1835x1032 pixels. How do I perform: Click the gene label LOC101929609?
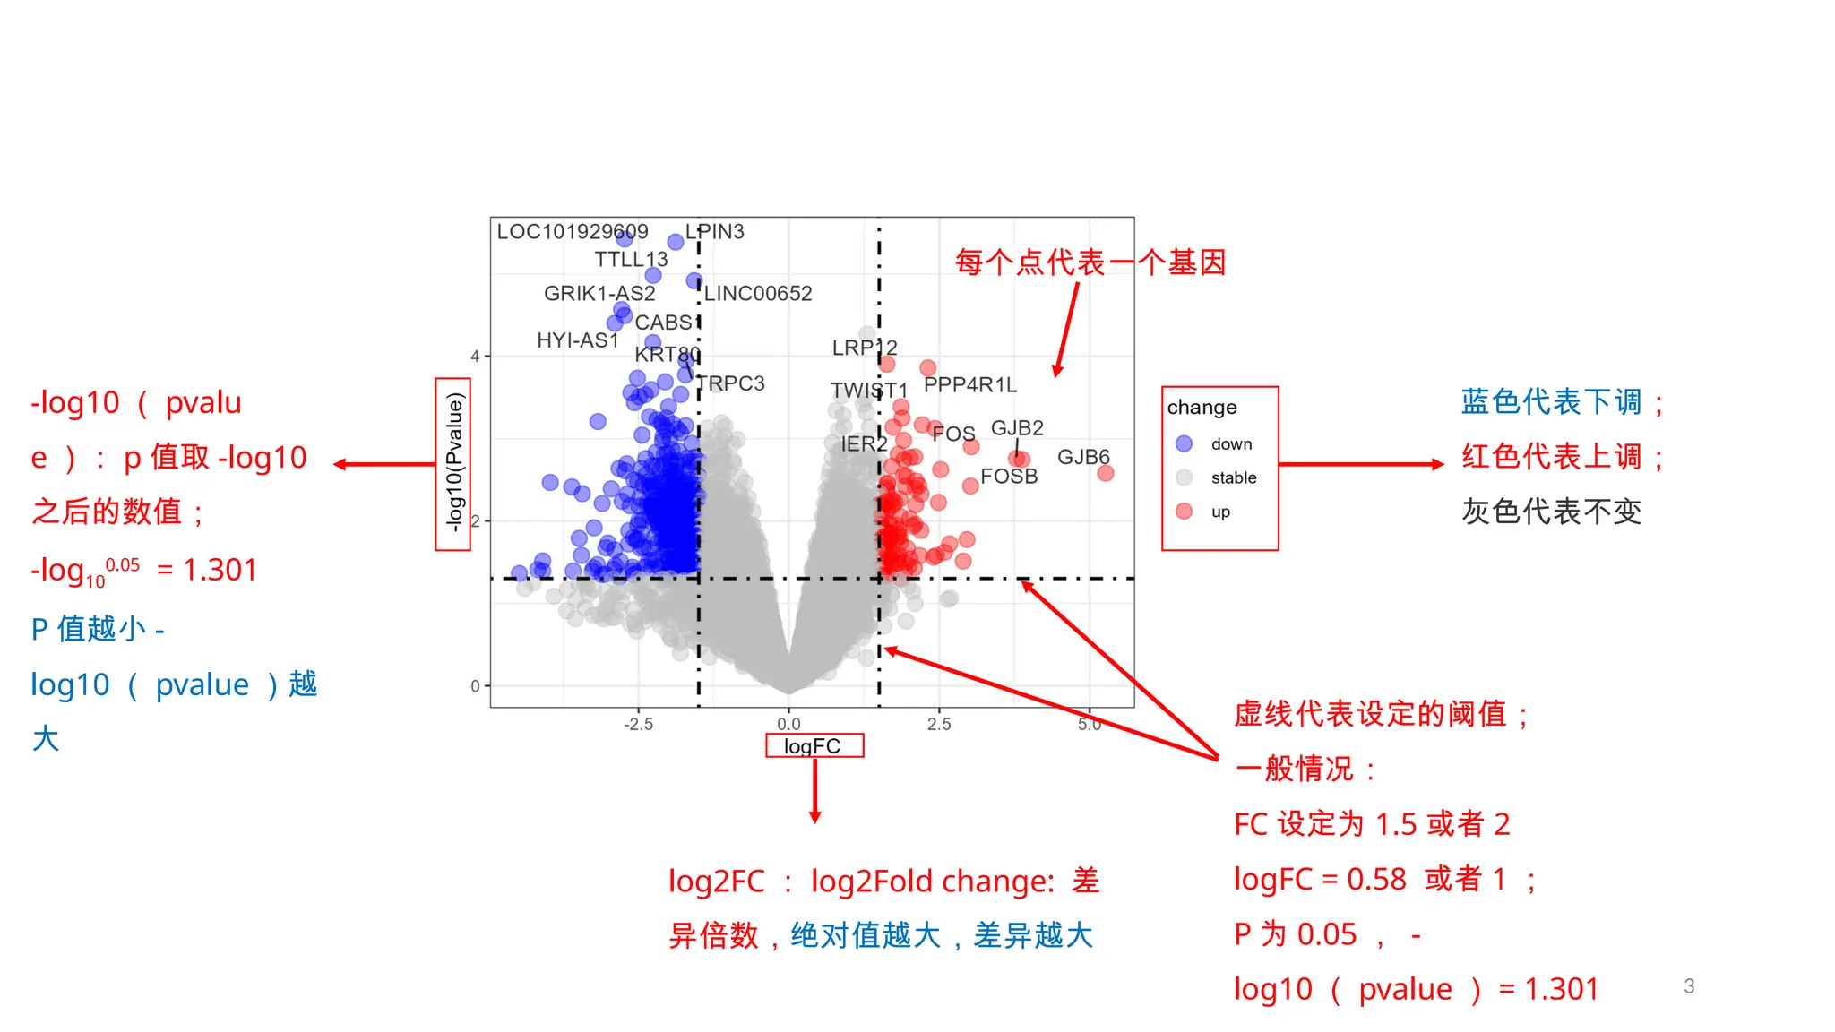pyautogui.click(x=572, y=232)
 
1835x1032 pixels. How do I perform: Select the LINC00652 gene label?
pyautogui.click(x=758, y=294)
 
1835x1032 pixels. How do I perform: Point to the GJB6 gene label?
pyautogui.click(x=1083, y=457)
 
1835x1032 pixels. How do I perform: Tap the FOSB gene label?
pyautogui.click(x=1009, y=477)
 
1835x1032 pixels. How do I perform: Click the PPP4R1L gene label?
pyautogui.click(x=970, y=385)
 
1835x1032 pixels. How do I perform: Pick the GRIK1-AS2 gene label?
pyautogui.click(x=599, y=294)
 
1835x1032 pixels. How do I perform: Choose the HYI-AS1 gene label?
pyautogui.click(x=578, y=340)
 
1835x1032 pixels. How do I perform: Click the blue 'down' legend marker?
pyautogui.click(x=1184, y=443)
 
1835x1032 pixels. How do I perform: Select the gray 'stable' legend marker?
pyautogui.click(x=1184, y=477)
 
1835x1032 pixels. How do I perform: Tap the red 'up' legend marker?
pyautogui.click(x=1184, y=512)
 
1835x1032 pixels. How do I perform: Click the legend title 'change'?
pyautogui.click(x=1202, y=408)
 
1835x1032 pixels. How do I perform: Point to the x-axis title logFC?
pyautogui.click(x=813, y=746)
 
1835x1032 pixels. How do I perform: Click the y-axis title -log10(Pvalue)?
pyautogui.click(x=454, y=463)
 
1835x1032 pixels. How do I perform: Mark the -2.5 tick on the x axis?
pyautogui.click(x=638, y=724)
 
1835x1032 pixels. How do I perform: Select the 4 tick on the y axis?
pyautogui.click(x=475, y=356)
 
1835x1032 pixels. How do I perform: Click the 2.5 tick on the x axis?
pyautogui.click(x=939, y=724)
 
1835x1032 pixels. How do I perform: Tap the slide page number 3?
pyautogui.click(x=1689, y=986)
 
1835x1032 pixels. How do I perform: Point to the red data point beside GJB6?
pyautogui.click(x=1106, y=473)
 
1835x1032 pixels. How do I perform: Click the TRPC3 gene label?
pyautogui.click(x=731, y=383)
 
